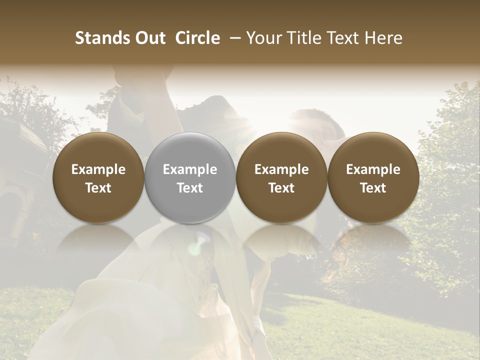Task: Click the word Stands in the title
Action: (102, 38)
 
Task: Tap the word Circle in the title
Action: (197, 38)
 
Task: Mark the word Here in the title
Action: (384, 38)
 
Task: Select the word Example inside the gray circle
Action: (190, 169)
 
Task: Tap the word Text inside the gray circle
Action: (190, 188)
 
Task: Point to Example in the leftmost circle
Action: (98, 169)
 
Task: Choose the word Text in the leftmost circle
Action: (98, 188)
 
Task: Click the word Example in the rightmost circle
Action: (373, 169)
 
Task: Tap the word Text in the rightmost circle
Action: (373, 188)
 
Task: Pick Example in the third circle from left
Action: (281, 169)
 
